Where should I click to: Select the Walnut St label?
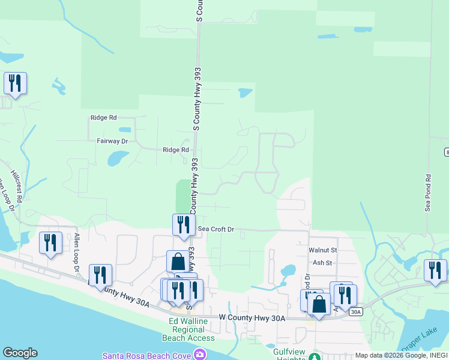tap(323, 250)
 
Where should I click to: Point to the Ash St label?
tap(322, 263)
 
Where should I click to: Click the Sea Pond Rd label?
tap(428, 193)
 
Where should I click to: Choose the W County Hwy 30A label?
tap(252, 317)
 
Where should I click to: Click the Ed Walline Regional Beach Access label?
tap(188, 329)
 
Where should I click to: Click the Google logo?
tap(20, 353)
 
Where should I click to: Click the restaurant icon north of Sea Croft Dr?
tap(184, 224)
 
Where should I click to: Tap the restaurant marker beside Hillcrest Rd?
tap(51, 242)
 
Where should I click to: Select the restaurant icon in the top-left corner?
tap(15, 83)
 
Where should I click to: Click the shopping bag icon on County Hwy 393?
tap(178, 262)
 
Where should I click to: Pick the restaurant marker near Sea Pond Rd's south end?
tap(435, 269)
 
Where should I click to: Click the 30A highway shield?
tap(356, 311)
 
